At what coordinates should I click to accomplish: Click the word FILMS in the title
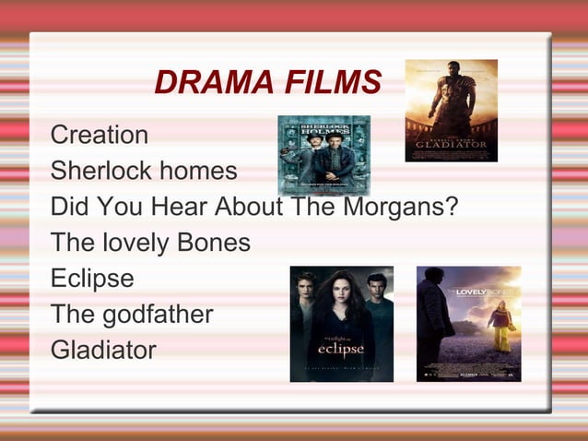327,83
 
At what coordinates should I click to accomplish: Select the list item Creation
99,135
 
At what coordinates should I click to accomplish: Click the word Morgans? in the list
401,206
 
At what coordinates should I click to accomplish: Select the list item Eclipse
92,278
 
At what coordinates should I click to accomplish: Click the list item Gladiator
103,350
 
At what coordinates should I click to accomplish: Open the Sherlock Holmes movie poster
323,154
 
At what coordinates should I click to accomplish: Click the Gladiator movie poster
451,111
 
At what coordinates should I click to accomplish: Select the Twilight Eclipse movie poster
341,324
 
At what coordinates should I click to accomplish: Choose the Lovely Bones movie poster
468,324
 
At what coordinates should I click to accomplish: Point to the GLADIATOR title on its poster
451,145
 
